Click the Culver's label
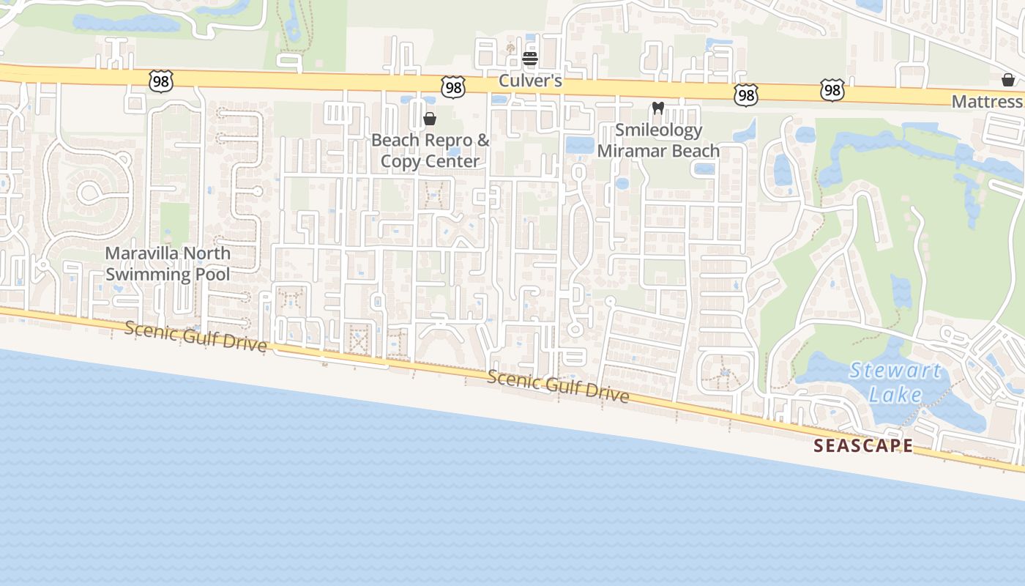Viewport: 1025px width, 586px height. [x=530, y=81]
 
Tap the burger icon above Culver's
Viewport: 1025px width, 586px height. [x=530, y=59]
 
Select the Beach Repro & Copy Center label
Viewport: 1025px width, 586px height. [x=430, y=150]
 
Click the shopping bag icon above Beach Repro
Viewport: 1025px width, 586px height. [x=430, y=119]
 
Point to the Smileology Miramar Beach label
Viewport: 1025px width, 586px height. [x=658, y=141]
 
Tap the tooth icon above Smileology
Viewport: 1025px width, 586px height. [x=657, y=108]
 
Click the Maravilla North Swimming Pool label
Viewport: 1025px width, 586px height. [x=168, y=264]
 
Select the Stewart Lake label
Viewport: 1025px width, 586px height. [x=895, y=382]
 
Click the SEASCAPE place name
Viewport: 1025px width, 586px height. [x=864, y=445]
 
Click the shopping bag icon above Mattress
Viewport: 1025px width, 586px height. [x=1007, y=80]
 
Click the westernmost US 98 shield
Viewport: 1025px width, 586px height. [x=160, y=81]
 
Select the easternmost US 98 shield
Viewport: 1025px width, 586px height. [x=832, y=90]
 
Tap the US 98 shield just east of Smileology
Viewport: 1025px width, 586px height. [x=745, y=94]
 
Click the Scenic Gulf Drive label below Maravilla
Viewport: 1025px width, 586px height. [x=195, y=336]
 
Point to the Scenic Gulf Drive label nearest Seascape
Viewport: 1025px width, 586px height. [x=558, y=387]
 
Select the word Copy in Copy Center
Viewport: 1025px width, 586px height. [x=401, y=161]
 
